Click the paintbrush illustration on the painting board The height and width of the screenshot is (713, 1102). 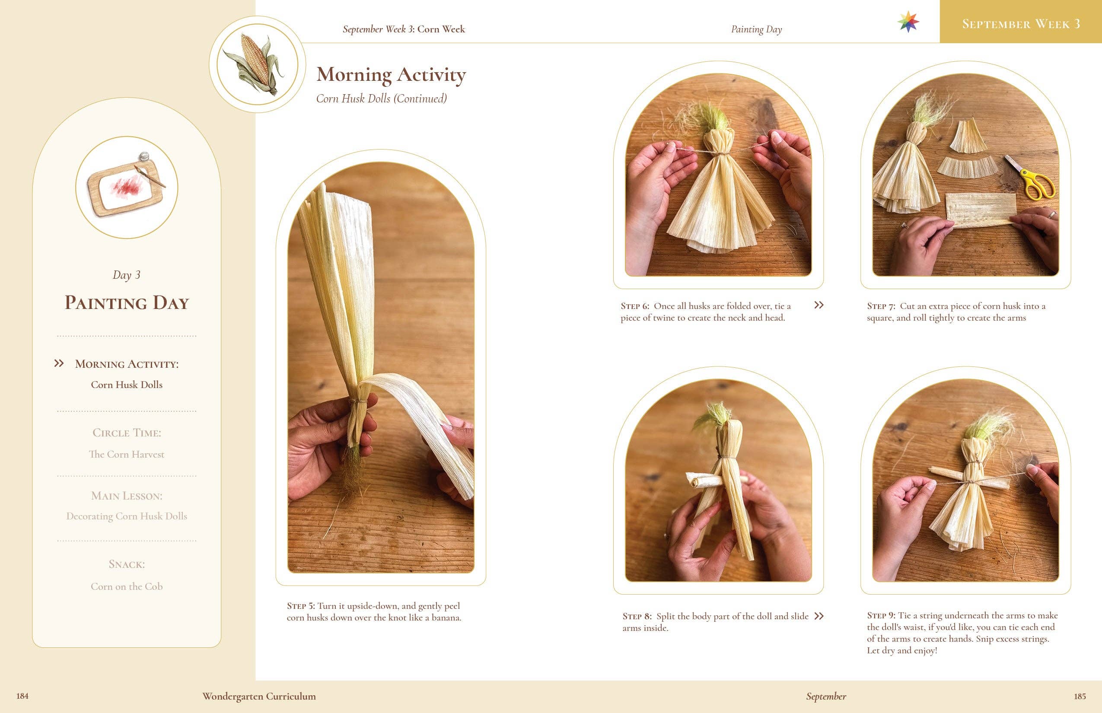(150, 175)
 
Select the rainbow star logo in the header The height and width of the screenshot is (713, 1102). (908, 22)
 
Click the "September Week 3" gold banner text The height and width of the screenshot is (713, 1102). (1020, 24)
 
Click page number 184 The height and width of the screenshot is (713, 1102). (22, 695)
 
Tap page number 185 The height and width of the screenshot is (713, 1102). (1080, 696)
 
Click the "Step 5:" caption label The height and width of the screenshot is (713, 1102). (300, 605)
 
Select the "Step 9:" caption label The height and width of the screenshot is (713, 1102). (881, 615)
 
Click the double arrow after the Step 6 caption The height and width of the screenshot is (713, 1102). (819, 305)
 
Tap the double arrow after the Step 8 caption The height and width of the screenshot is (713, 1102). (819, 616)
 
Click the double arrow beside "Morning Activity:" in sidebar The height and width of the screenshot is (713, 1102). (59, 363)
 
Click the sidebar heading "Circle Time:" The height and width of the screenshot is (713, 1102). (126, 433)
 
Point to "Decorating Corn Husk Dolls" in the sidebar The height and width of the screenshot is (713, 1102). (126, 516)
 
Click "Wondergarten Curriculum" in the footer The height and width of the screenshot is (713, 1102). (259, 696)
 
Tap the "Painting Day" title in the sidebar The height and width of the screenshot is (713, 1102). (126, 302)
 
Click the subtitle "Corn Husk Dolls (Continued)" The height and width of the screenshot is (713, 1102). (381, 98)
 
